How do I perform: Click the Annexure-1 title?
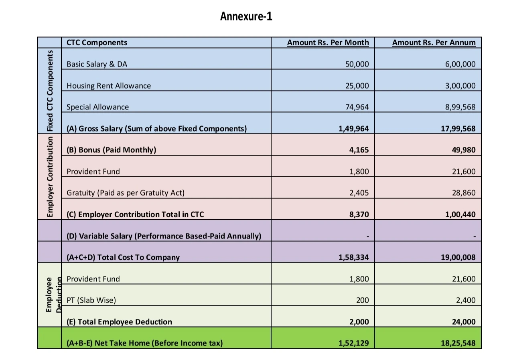tap(246, 16)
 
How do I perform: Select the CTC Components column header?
tap(97, 42)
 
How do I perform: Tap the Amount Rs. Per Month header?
tap(328, 42)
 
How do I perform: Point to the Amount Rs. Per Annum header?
tap(434, 42)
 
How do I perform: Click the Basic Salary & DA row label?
tap(97, 64)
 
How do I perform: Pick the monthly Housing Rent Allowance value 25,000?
tap(357, 86)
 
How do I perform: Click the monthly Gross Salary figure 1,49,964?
tap(353, 129)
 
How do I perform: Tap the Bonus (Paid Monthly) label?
tap(111, 150)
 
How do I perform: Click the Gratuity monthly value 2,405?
tap(359, 193)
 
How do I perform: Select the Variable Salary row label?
tap(164, 236)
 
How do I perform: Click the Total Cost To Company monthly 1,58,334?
tap(353, 257)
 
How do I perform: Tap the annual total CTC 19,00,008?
tap(458, 257)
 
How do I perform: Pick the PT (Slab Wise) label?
tap(91, 300)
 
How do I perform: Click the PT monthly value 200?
tap(362, 300)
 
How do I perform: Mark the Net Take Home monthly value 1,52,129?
tap(353, 343)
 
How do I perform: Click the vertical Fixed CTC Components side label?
tap(49, 91)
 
